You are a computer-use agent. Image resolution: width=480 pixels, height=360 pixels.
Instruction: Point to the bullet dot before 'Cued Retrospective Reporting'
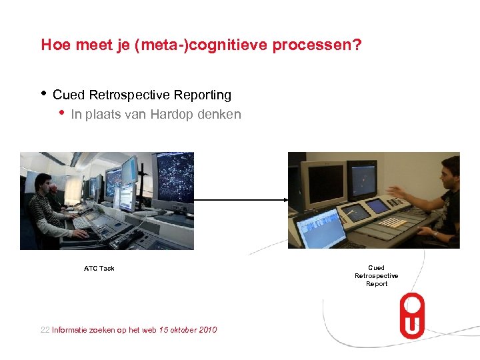tap(43, 93)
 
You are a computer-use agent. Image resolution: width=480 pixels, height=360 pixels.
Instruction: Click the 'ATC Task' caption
tap(99, 269)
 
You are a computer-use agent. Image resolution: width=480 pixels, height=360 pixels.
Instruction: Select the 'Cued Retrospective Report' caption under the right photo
tap(376, 276)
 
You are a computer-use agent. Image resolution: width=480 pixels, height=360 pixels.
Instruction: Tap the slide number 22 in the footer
tap(45, 330)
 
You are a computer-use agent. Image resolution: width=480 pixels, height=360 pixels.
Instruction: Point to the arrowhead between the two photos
tap(284, 199)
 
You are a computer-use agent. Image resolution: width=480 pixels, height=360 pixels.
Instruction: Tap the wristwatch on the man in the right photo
tap(434, 234)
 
